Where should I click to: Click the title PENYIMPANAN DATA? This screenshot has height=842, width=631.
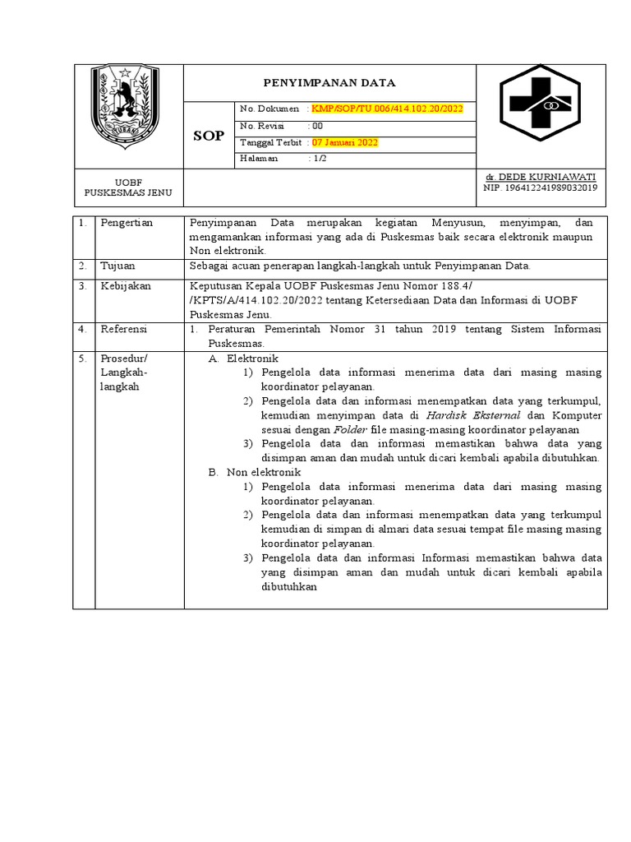pos(329,83)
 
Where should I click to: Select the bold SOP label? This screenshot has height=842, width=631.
pos(208,136)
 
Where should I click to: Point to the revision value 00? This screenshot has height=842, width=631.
pos(316,126)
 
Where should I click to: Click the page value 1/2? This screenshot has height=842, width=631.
pos(318,159)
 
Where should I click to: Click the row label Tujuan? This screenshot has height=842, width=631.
pos(117,266)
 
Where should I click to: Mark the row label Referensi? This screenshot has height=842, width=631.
pos(123,329)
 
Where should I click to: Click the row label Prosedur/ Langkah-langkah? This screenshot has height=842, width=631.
pos(123,372)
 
